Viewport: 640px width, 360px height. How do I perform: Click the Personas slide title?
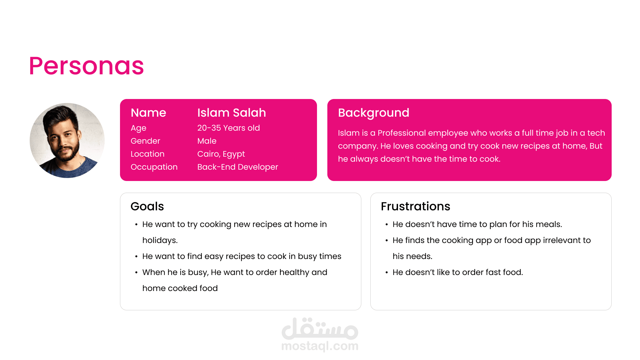point(86,66)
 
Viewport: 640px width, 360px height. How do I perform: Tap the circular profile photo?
point(67,140)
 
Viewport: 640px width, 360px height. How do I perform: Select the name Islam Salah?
point(232,113)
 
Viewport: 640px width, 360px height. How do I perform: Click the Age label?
point(138,128)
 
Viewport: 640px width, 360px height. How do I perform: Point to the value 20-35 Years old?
point(229,128)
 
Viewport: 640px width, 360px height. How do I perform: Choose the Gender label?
point(145,141)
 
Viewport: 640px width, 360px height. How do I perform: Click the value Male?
point(207,141)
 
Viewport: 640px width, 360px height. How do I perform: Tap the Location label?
point(147,154)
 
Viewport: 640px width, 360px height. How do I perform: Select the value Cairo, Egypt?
point(221,154)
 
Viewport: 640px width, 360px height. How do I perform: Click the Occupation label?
point(154,167)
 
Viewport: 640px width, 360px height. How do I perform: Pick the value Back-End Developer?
point(238,167)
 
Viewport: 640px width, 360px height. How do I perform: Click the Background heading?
point(374,113)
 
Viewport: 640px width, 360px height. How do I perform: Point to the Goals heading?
point(147,207)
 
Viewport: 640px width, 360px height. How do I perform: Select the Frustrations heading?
point(416,206)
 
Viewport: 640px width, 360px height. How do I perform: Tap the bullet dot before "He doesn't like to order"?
point(387,273)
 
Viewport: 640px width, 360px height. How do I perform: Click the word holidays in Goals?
point(160,241)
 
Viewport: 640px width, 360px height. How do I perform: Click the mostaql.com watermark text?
point(320,346)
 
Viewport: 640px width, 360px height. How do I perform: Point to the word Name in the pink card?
point(148,113)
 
